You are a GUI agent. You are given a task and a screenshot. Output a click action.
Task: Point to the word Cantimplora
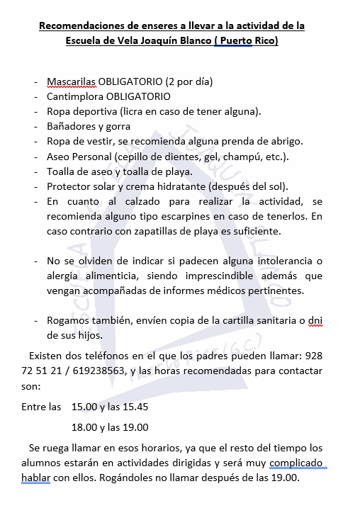click(x=78, y=96)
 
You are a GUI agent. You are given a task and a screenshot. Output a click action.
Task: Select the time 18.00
click(x=86, y=427)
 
